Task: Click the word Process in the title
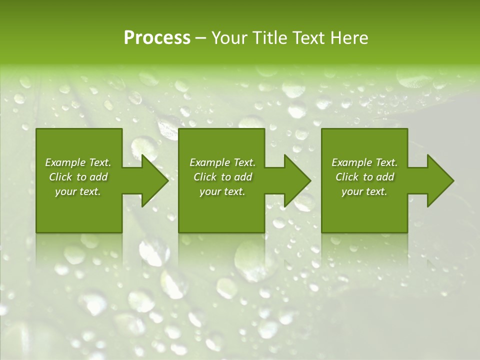[x=157, y=38]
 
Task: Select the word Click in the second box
[x=204, y=177]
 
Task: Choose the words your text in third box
[x=364, y=191]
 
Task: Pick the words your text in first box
[x=77, y=191]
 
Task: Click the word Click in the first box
[x=59, y=177]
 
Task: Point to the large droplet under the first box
[x=154, y=251]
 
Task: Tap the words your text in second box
[x=222, y=191]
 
